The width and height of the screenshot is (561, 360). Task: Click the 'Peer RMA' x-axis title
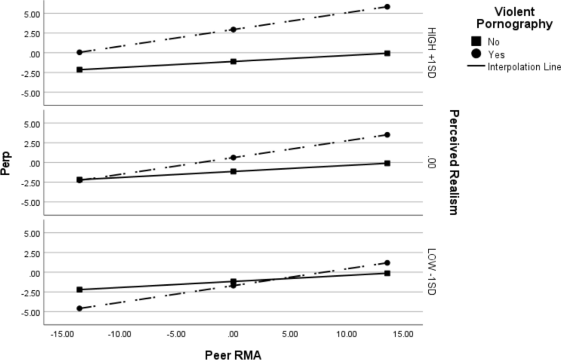click(x=233, y=355)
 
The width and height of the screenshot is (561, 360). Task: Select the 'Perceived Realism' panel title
click(x=452, y=162)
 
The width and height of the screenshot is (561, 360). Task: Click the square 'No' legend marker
click(x=477, y=42)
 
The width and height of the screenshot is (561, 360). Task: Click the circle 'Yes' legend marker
click(x=477, y=54)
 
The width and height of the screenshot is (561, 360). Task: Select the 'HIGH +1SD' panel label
click(x=431, y=53)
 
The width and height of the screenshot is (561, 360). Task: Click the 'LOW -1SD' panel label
click(x=431, y=272)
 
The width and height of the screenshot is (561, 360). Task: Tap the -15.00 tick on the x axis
click(x=62, y=335)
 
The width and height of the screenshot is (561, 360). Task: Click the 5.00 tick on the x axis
click(x=290, y=335)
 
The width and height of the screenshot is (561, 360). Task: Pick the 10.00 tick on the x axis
click(x=347, y=335)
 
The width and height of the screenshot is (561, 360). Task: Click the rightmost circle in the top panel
click(x=387, y=7)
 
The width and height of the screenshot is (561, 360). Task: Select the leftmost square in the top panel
click(x=79, y=70)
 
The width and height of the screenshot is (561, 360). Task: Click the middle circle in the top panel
click(x=233, y=29)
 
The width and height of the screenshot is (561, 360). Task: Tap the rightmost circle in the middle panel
click(x=387, y=135)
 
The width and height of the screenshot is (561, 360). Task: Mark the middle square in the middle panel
click(x=233, y=172)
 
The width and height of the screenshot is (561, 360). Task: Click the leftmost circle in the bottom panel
click(x=79, y=309)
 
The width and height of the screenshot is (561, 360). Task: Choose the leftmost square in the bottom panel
click(x=79, y=290)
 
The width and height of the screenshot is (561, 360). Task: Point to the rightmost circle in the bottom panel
click(x=387, y=263)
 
